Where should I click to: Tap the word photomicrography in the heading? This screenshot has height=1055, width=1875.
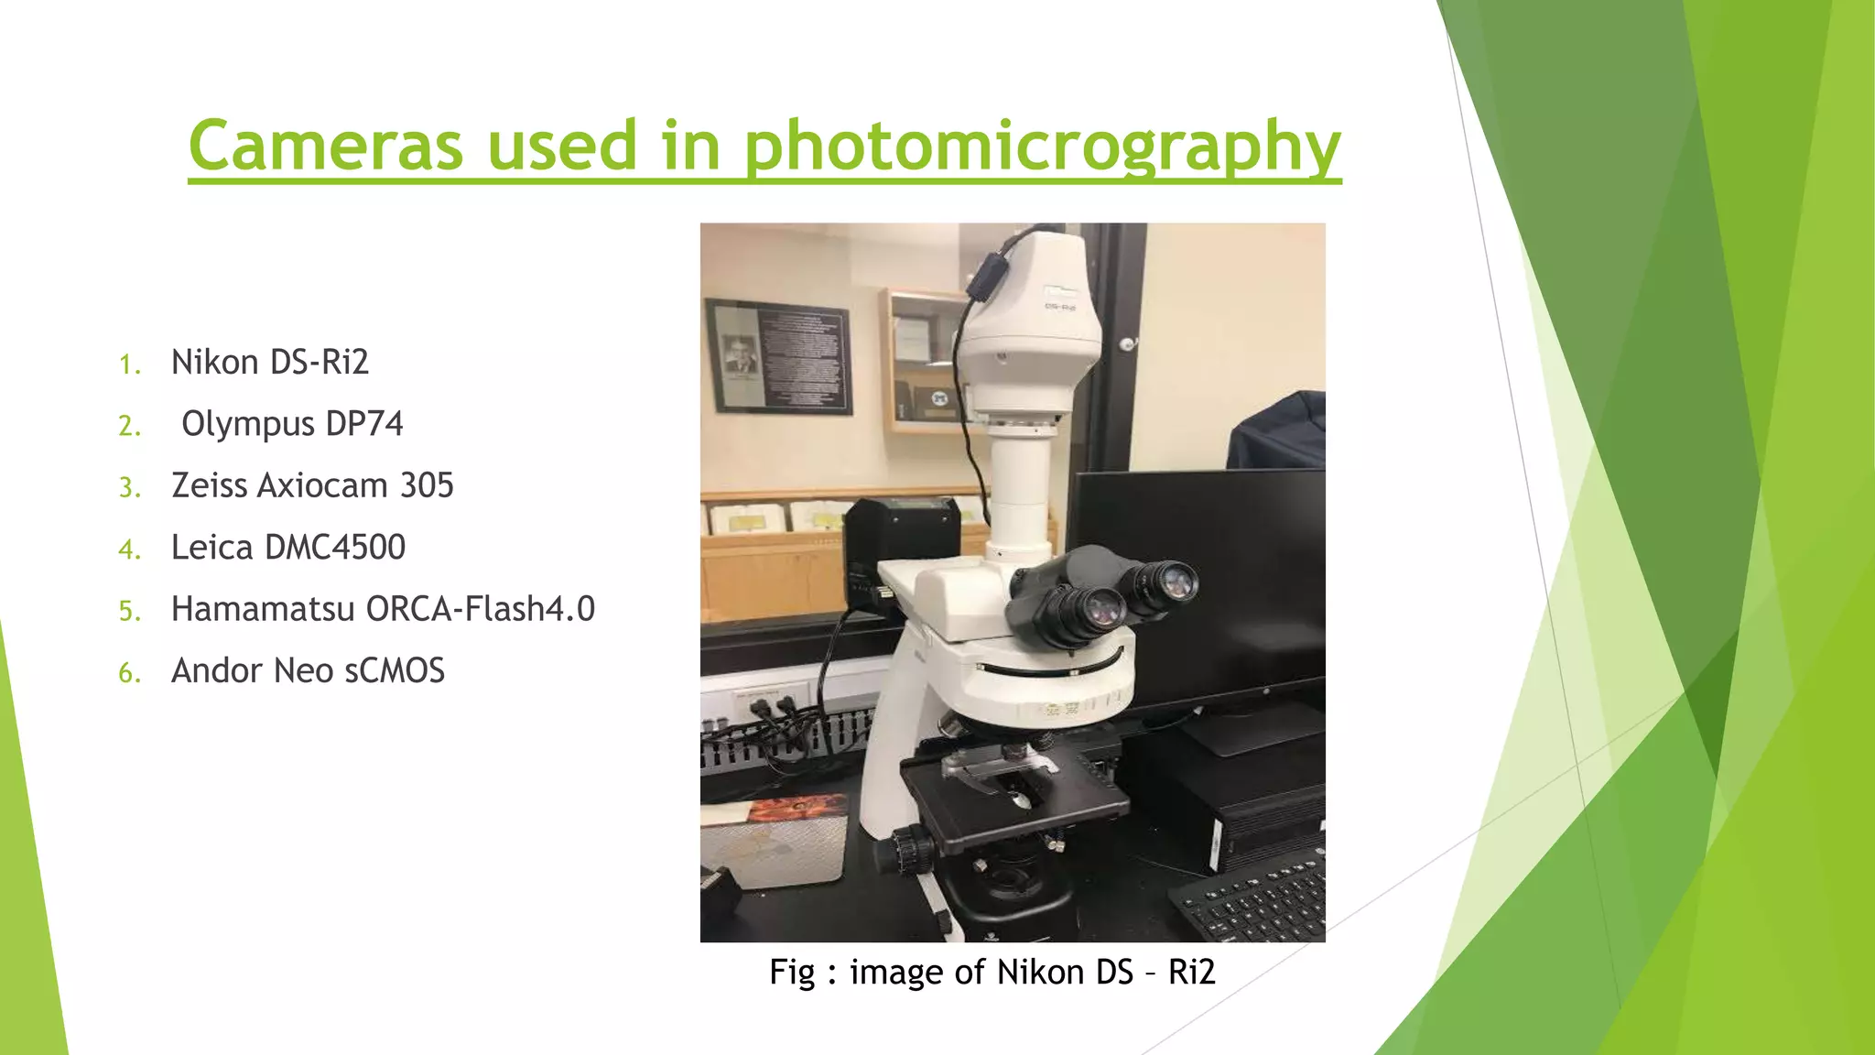tap(1041, 147)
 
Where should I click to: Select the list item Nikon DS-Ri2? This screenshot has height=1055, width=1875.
tap(269, 363)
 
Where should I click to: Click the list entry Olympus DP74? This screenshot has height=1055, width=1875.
tap(291, 424)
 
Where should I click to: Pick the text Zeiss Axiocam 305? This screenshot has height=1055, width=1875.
tap(312, 485)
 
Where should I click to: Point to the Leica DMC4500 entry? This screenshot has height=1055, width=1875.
tap(287, 548)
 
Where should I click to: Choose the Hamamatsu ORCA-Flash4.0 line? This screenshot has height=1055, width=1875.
tap(383, 609)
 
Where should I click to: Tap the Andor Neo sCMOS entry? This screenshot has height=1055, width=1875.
tap(308, 671)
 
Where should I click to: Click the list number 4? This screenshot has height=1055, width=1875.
tap(129, 549)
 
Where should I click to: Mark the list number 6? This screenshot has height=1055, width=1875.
tap(129, 673)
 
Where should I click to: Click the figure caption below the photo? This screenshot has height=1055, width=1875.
tap(992, 972)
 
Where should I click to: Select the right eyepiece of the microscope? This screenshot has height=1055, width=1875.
tap(1168, 582)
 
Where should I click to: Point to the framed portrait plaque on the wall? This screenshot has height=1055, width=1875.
tap(778, 355)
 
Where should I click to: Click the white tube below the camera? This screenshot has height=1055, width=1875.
tap(1020, 495)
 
